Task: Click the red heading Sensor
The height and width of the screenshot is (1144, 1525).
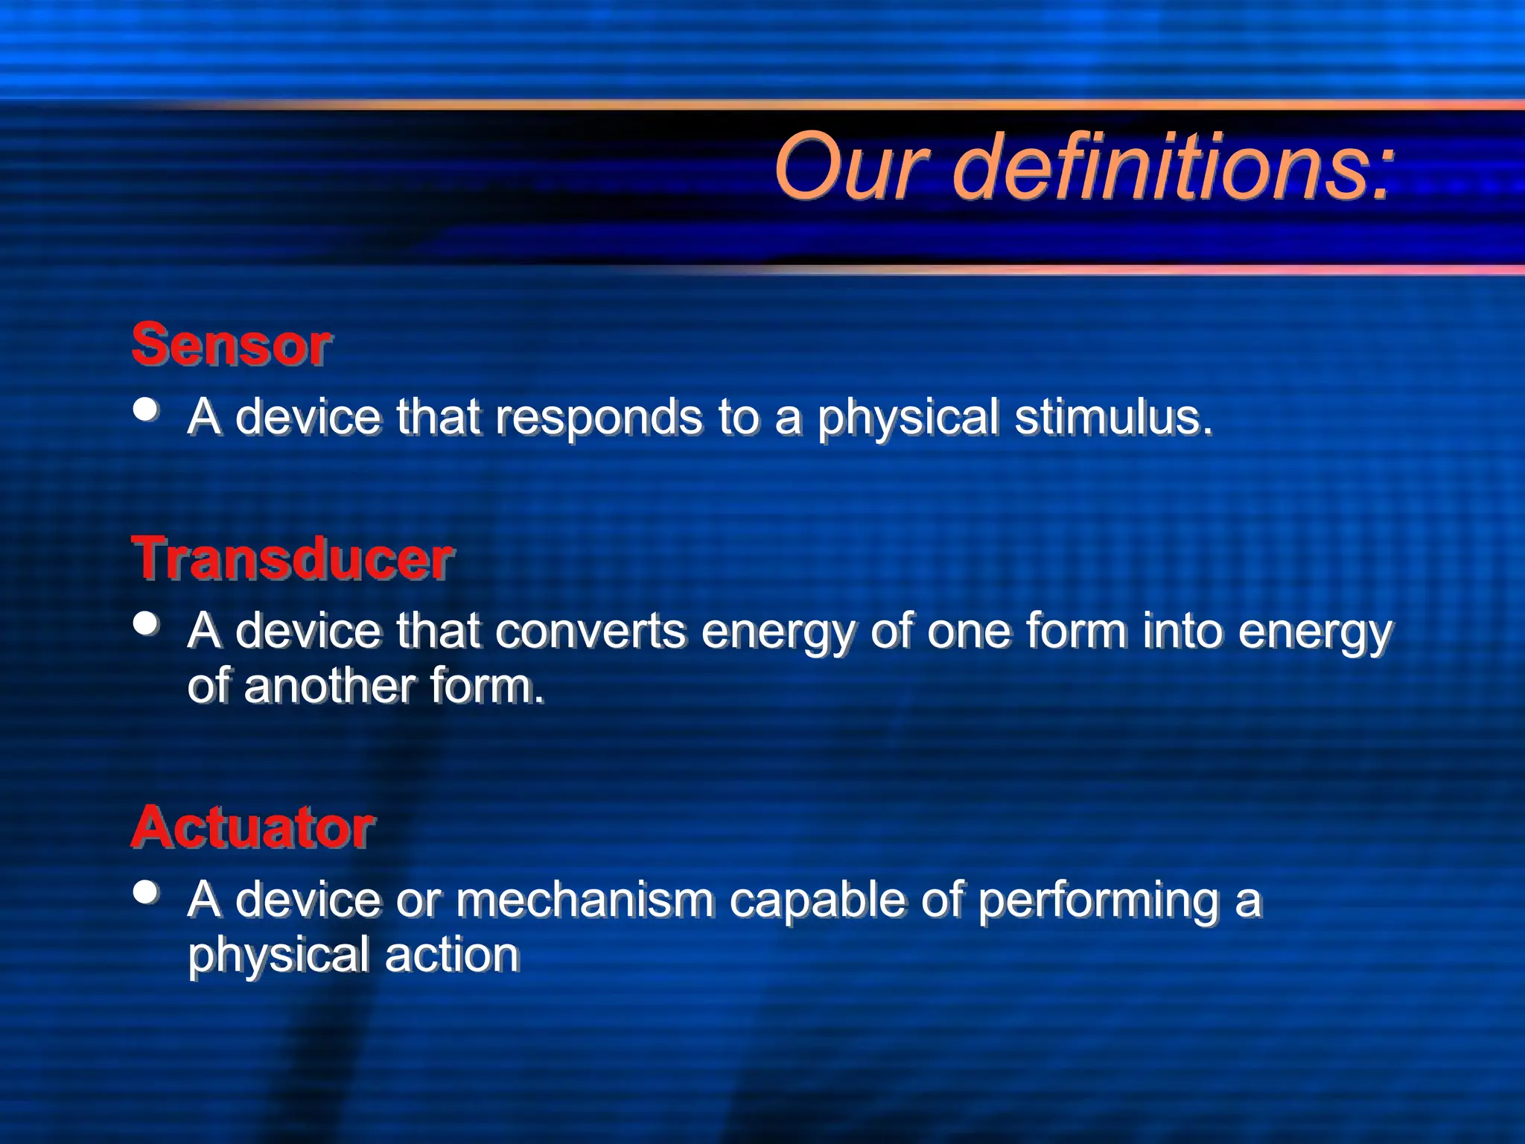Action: (x=231, y=345)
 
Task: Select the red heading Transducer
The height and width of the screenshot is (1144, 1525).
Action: (x=292, y=559)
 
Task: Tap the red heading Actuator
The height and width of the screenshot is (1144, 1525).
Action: (x=252, y=827)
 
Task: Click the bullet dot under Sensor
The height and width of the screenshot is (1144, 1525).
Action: (x=146, y=409)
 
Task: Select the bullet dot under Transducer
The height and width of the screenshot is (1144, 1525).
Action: (x=146, y=623)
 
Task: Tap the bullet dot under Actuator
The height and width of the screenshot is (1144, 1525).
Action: (x=146, y=892)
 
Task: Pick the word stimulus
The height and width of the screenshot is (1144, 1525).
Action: (x=1113, y=417)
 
